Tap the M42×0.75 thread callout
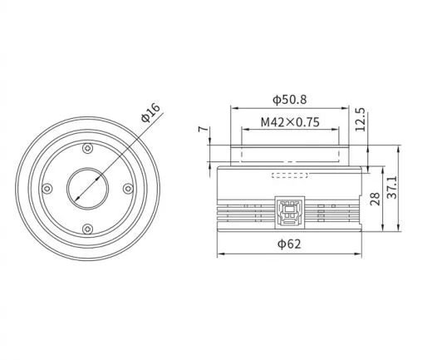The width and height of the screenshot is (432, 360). coord(290,121)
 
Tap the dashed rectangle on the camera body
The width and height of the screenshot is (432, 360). coord(289,175)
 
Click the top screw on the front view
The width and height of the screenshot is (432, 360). coord(88,149)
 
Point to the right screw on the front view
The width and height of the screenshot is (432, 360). coord(128,189)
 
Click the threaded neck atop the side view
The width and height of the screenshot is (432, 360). coord(289,155)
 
